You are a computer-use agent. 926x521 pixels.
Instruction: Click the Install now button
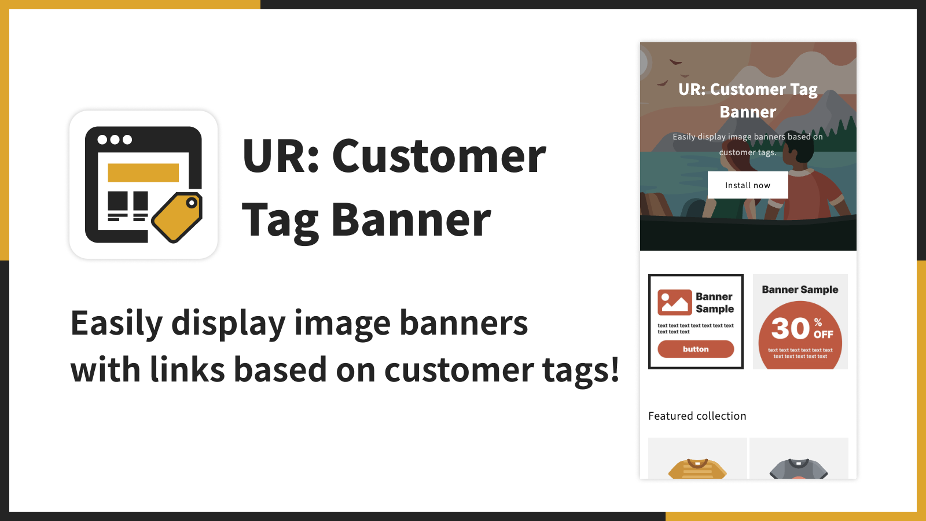tap(748, 185)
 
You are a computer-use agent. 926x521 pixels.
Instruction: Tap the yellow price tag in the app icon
tap(178, 217)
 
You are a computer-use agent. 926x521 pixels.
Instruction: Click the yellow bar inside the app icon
tap(143, 173)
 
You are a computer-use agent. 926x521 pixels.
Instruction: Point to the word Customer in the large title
tap(439, 156)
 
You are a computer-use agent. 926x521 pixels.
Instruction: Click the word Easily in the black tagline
tap(116, 324)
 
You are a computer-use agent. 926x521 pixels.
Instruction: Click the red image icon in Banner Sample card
tap(675, 302)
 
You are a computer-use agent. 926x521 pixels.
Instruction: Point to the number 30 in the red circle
tap(791, 328)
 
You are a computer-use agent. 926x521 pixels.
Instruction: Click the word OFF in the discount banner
tap(824, 334)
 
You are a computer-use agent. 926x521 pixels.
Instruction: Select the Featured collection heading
tap(697, 416)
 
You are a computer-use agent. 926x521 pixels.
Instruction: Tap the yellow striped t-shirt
tap(697, 468)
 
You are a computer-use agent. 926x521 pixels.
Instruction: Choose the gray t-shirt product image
tap(799, 468)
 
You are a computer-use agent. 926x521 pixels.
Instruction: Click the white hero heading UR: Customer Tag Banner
tap(748, 101)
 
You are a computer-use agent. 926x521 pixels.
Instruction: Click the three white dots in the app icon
tap(115, 140)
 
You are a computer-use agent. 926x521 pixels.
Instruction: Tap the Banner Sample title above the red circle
tap(800, 289)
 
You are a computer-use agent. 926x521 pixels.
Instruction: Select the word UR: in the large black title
tap(281, 156)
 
